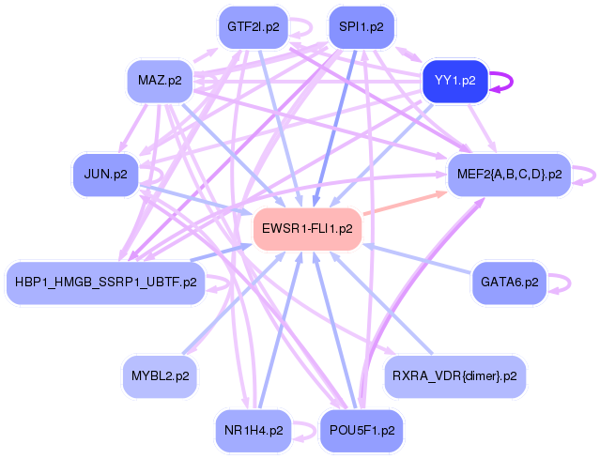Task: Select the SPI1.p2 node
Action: [362, 27]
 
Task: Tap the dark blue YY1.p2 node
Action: [455, 81]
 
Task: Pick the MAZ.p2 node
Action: [159, 82]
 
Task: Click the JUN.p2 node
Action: [105, 174]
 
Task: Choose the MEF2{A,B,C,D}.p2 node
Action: [509, 174]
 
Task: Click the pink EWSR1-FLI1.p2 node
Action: [307, 228]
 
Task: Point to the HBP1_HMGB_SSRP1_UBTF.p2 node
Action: [105, 282]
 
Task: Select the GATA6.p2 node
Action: [509, 282]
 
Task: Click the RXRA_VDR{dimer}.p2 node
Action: [455, 375]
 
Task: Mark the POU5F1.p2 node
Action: [362, 431]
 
